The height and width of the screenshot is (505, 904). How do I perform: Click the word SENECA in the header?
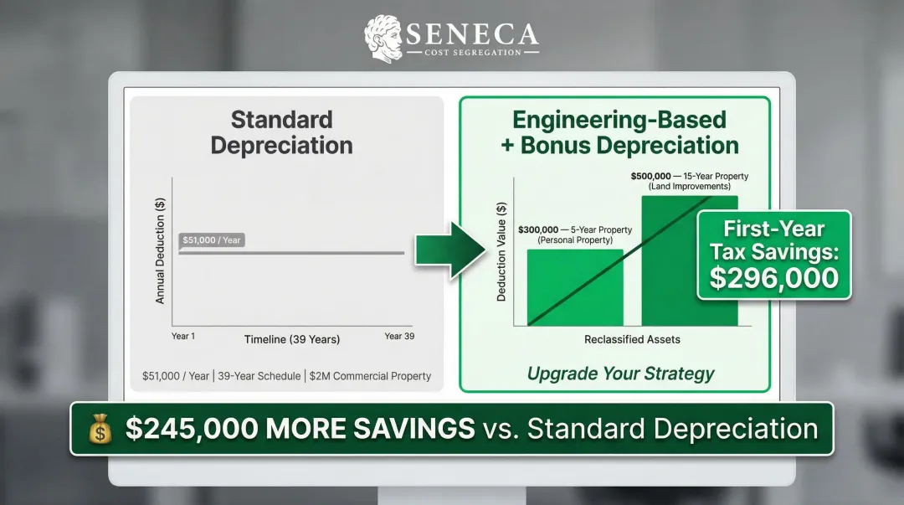pos(473,33)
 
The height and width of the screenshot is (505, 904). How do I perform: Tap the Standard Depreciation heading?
pos(281,132)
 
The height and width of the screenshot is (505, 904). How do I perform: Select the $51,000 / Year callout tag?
pos(212,240)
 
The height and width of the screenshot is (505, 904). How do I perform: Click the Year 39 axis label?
pos(399,336)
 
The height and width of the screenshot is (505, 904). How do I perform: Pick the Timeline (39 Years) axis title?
pos(291,339)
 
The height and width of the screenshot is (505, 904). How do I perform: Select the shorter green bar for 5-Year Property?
pos(574,287)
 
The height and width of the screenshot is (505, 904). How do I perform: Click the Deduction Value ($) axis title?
pos(501,252)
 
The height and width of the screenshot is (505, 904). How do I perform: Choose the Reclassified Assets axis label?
pos(632,339)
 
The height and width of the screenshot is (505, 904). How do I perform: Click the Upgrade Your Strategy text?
pos(620,374)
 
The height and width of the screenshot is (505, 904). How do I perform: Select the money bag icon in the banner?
pos(100,430)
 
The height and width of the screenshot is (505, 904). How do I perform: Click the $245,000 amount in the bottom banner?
pos(192,429)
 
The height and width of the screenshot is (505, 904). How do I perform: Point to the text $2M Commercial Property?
pos(370,376)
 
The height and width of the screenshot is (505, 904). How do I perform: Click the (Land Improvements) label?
pos(690,186)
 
